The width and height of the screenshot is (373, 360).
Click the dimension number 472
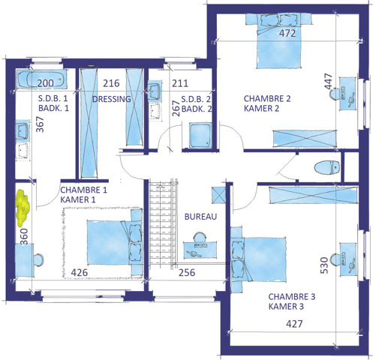287,33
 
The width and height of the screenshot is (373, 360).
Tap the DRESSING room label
112,99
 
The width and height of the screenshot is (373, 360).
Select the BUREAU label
200,217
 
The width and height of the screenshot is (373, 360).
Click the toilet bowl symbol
327,167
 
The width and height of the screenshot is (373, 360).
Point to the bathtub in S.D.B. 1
41,79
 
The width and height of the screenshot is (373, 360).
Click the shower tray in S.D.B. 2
200,135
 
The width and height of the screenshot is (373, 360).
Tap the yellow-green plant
23,208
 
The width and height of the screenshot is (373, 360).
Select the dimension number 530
324,265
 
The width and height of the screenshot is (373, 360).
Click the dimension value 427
294,324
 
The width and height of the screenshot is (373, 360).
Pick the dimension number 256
187,272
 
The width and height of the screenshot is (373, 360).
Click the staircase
163,223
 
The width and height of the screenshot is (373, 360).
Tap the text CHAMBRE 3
292,297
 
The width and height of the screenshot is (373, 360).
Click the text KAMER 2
261,109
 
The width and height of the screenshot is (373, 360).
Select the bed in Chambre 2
278,40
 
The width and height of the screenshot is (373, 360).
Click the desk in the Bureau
200,250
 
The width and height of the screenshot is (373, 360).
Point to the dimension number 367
40,124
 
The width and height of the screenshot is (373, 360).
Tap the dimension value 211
180,83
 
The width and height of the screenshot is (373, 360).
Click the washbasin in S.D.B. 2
155,91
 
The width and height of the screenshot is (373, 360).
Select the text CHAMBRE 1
83,190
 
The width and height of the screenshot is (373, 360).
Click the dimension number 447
329,81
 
